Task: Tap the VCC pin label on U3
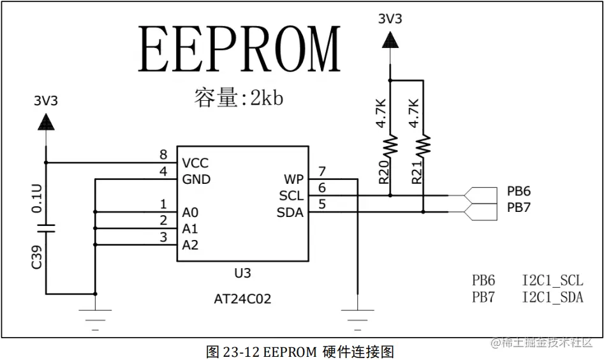point(195,163)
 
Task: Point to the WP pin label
point(293,179)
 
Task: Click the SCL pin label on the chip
point(291,195)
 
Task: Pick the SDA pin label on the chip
point(290,212)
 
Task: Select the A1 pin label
point(190,229)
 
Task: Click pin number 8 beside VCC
point(163,155)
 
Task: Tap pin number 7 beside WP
point(322,171)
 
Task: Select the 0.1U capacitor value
point(36,198)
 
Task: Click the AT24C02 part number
point(242,299)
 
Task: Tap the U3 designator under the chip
point(242,273)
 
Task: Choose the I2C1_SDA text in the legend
point(552,297)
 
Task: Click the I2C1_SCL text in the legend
point(552,281)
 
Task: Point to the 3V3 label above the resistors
point(390,19)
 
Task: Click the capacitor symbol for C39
point(46,228)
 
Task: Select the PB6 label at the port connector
point(519,191)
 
